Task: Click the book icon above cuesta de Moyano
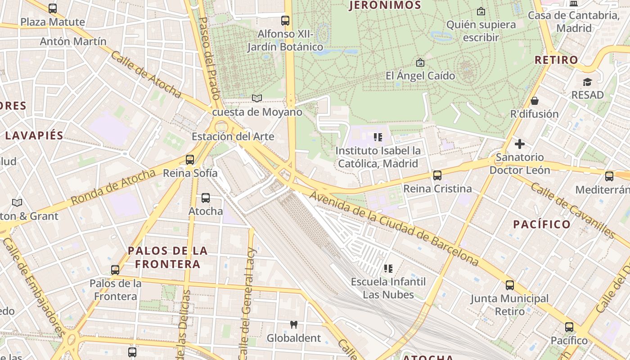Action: tap(257, 98)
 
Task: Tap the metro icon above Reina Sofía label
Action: tap(190, 160)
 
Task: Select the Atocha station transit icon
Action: tap(206, 198)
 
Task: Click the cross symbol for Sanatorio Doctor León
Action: tap(520, 144)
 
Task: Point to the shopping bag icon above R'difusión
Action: tap(535, 100)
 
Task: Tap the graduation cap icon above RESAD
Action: tap(587, 82)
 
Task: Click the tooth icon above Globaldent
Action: tap(294, 324)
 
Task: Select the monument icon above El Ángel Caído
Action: tap(420, 63)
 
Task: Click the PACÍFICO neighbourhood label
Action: tap(542, 224)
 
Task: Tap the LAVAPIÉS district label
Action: tap(34, 135)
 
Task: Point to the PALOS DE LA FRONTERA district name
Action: tap(168, 257)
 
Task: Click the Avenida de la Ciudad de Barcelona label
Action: tap(394, 229)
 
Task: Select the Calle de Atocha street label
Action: tap(146, 74)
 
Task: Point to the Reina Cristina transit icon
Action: tap(437, 175)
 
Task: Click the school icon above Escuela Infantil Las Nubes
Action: tap(388, 269)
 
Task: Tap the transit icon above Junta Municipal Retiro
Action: tap(509, 285)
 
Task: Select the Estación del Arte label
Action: tap(233, 136)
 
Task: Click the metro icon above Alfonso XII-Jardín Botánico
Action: tap(285, 21)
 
